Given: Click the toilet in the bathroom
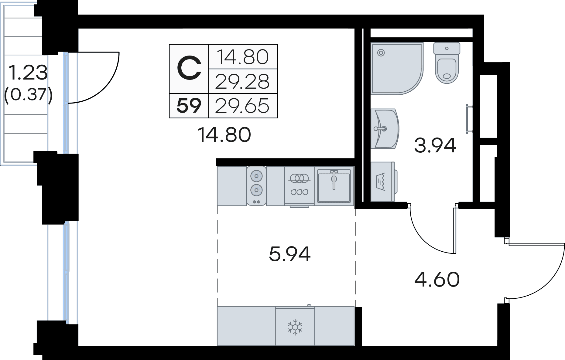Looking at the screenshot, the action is (447, 63).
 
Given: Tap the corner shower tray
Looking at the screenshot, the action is (397, 68).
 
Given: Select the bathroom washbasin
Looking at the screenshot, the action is (385, 129).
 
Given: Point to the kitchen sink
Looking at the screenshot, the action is (334, 186).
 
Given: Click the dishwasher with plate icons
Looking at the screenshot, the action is (299, 186).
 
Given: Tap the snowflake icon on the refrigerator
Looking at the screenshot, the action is (295, 327).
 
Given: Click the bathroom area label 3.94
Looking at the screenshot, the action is (435, 145).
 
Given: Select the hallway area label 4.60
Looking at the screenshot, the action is (437, 280).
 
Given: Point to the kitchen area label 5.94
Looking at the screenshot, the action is (290, 254).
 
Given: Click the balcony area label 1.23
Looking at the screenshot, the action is (28, 73).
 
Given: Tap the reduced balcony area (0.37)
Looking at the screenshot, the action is (28, 94).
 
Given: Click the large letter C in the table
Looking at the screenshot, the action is (189, 68).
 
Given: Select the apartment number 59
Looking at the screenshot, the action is (189, 105).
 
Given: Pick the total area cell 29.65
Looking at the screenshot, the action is (242, 106).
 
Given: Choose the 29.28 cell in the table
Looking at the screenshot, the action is (242, 81).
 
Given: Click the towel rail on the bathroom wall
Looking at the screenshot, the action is (469, 119).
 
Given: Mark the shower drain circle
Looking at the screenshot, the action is (381, 53).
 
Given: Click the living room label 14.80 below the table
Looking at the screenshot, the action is (224, 135).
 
